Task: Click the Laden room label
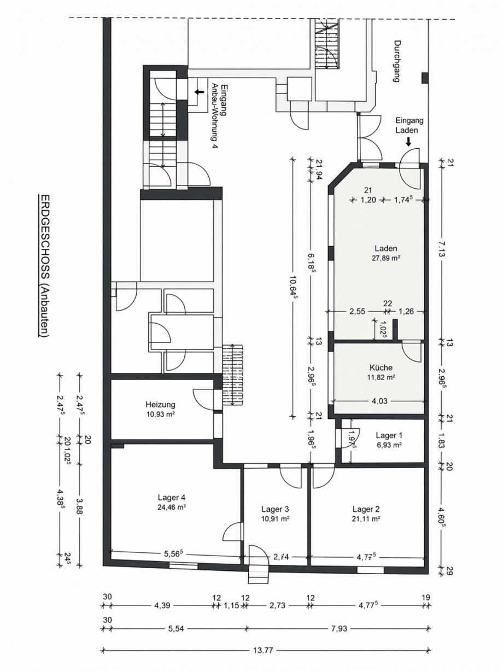coord(386,248)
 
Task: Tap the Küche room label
coord(381,367)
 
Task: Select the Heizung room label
coord(160,405)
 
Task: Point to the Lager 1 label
coord(389,435)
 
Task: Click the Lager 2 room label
coord(366,509)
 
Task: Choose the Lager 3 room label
coord(275,509)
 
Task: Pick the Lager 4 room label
coord(172,497)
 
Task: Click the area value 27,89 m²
coord(386,258)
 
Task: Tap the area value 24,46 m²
coord(172,507)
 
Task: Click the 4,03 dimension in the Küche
coord(379,401)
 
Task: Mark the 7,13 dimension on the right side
coord(442,249)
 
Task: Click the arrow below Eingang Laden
coord(408,142)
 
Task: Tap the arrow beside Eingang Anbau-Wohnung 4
coord(200,91)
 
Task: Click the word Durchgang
coord(396,61)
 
